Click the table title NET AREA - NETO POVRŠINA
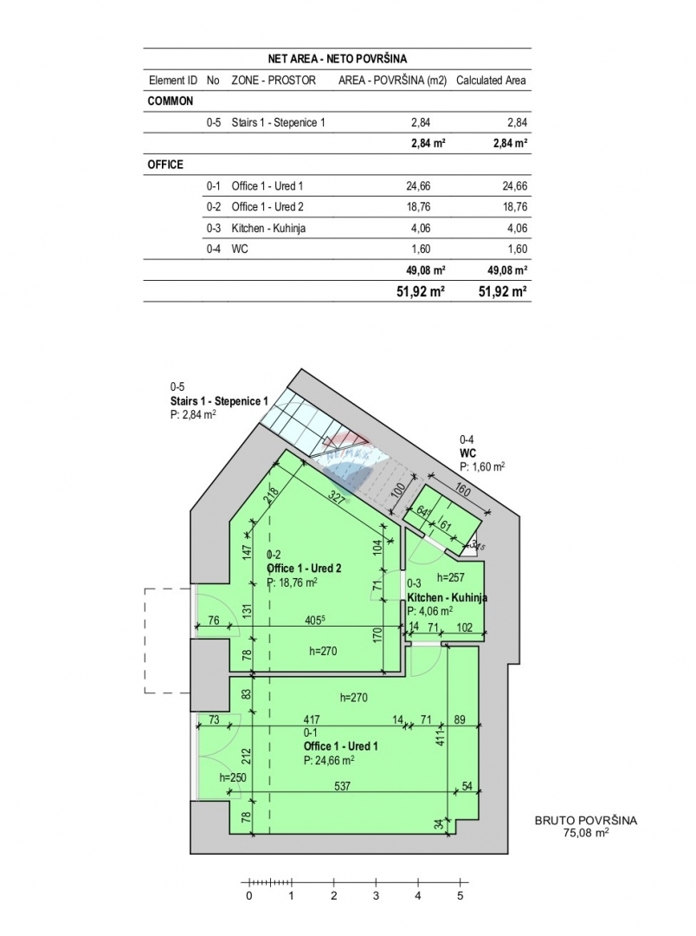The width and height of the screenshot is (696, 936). [x=337, y=59]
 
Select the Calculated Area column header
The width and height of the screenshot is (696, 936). [x=491, y=81]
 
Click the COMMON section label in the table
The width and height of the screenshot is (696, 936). [x=171, y=101]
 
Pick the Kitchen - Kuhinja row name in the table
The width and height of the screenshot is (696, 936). [x=268, y=228]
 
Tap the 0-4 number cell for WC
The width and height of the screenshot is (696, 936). [x=214, y=249]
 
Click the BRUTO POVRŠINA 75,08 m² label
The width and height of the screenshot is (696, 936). [x=585, y=828]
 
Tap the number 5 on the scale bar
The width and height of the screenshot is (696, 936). [x=461, y=896]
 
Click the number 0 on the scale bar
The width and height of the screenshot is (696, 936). [x=249, y=896]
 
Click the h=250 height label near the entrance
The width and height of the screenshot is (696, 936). [x=233, y=777]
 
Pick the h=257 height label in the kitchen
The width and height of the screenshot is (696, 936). [x=451, y=577]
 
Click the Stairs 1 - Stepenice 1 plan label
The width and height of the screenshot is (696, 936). [x=219, y=401]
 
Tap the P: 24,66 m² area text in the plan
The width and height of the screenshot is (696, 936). [x=328, y=759]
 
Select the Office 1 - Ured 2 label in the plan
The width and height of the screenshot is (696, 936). [x=304, y=568]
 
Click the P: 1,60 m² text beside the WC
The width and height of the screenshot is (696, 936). [x=482, y=465]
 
